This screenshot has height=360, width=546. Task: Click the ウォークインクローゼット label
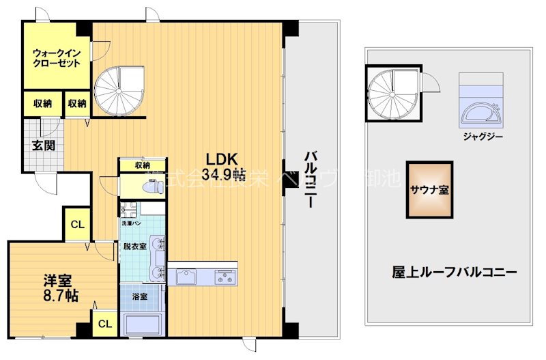[57, 57]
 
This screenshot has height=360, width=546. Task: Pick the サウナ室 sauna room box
[429, 190]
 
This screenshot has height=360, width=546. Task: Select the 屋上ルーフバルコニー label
[454, 271]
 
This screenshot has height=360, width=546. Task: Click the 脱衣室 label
[134, 247]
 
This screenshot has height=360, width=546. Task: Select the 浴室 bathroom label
[132, 297]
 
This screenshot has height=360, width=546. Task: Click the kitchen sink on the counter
[186, 277]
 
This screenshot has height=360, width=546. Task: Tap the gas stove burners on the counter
[225, 277]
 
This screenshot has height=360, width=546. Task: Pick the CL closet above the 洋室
[77, 225]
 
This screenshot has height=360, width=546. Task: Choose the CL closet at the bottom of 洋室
[105, 324]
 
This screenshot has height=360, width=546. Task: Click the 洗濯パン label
[130, 223]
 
